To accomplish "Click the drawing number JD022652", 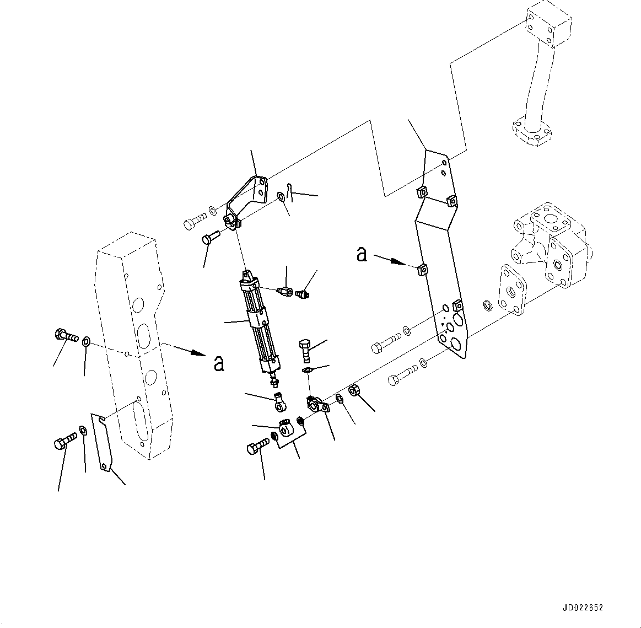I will [x=583, y=608].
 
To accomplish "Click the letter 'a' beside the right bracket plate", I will [x=362, y=255].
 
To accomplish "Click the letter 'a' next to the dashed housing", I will [x=219, y=363].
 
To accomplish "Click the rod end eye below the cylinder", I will [x=280, y=405].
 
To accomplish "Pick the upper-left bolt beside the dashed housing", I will [x=65, y=335].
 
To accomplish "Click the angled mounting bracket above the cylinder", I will [x=248, y=198].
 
